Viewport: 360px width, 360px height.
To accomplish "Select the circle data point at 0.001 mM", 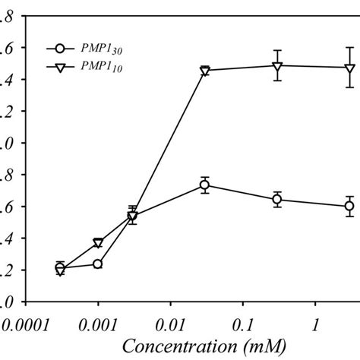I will point(98,264).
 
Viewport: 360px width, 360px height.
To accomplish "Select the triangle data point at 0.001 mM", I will point(98,244).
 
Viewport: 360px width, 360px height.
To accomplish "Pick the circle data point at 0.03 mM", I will point(204,185).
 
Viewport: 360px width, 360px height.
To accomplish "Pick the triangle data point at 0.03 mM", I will point(204,71).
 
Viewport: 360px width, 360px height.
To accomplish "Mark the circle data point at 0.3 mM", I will point(277,200).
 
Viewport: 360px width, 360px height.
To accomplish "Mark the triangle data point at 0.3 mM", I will point(277,66).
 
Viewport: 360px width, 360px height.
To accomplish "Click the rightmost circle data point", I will point(349,206).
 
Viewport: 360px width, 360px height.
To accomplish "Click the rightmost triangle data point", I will point(349,68).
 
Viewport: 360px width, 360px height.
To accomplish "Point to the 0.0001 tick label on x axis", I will point(27,324).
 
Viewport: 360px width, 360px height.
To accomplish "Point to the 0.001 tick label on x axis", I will point(97,324).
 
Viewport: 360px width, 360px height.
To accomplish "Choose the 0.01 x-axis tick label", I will point(171,324).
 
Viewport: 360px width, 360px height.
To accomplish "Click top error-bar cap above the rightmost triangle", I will point(349,47).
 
